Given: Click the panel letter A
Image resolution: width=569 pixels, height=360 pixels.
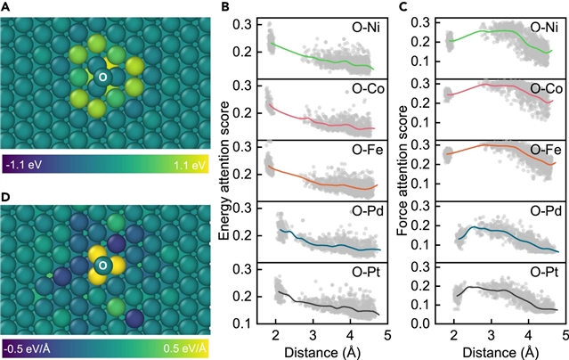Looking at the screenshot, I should pos(5,7).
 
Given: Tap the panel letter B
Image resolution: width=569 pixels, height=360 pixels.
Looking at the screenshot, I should pos(226,7).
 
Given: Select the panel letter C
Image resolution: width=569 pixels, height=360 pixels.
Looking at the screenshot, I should pos(403,7).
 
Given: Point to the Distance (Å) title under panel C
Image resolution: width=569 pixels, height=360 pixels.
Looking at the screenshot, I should pos(493,349).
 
